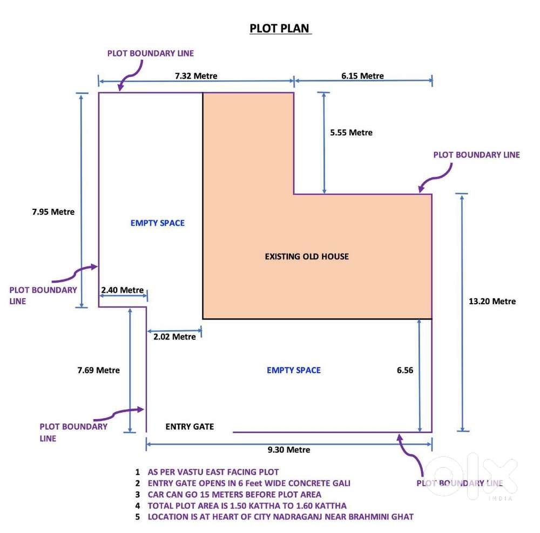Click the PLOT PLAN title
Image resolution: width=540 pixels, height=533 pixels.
coord(279,28)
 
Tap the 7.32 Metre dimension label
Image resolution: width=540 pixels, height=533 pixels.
coord(196,76)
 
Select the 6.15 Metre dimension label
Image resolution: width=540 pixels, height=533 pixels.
coord(363,76)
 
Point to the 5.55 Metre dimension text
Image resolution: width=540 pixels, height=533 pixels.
coord(352,133)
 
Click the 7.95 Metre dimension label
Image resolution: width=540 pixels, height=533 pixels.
coord(53,211)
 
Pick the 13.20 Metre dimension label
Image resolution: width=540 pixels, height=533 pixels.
coord(492,301)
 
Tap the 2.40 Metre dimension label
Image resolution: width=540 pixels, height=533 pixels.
coord(122,290)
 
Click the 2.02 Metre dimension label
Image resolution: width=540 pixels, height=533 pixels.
coord(174,337)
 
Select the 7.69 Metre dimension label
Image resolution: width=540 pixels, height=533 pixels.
coord(98,370)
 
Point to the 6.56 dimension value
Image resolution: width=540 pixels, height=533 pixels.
coord(405,370)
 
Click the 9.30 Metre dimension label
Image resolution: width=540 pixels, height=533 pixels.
coord(289,450)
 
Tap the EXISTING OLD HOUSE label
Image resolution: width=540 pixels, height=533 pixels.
coord(307,256)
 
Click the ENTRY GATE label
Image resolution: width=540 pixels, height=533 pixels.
coord(190,427)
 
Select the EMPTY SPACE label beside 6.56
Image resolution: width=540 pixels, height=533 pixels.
coord(294,370)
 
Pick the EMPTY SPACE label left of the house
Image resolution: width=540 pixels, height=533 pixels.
coord(157,223)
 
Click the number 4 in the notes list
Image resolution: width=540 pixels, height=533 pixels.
coord(137,506)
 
